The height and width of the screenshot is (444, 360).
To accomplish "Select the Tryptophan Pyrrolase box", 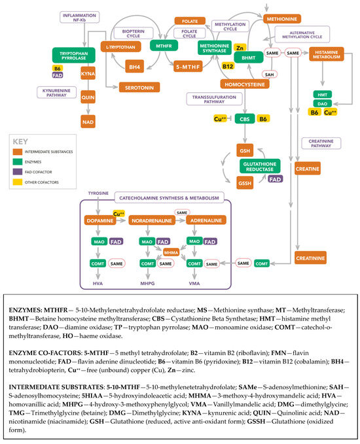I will click(x=69, y=54).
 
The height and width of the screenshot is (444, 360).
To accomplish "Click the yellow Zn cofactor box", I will click(x=240, y=48).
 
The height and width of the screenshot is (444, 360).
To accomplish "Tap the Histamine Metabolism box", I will click(x=325, y=55).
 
